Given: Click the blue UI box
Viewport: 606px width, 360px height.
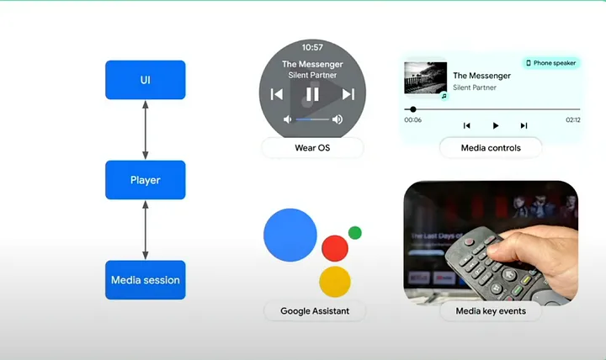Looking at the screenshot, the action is [x=145, y=80].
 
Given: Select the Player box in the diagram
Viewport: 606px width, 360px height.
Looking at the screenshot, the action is [x=145, y=180].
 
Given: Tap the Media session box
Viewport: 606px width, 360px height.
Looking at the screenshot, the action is [x=145, y=279].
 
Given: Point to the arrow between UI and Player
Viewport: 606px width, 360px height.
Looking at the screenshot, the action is [x=146, y=130].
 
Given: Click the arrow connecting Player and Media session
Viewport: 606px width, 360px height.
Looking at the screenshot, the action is [x=146, y=230].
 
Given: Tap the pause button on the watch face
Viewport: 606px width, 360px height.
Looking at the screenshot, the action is [x=312, y=94].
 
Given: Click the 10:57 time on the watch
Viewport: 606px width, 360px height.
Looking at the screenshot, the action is [x=312, y=47].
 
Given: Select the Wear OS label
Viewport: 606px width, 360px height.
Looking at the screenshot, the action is [x=312, y=148].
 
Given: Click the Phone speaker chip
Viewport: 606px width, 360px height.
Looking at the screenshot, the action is [x=551, y=63].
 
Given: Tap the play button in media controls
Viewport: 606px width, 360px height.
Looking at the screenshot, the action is [x=495, y=125].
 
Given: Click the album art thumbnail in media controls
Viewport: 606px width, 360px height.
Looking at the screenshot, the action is [x=425, y=79].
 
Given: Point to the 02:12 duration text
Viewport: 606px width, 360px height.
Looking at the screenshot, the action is [x=572, y=120].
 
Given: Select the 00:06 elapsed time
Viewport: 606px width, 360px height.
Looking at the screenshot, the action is [x=412, y=120].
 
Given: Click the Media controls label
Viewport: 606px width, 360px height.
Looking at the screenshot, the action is [x=491, y=148].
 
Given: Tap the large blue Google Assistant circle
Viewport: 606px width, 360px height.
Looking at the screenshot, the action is [x=290, y=235].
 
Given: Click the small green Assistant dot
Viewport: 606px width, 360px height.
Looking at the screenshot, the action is [x=355, y=232].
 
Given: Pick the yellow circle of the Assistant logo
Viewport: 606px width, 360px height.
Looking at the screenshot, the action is [x=334, y=280].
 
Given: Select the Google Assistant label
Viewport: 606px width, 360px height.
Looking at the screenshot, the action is [x=315, y=311].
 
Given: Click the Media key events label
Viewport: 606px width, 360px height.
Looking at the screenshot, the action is [x=491, y=311].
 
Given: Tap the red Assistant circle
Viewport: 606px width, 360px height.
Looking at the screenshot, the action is [x=334, y=247].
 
